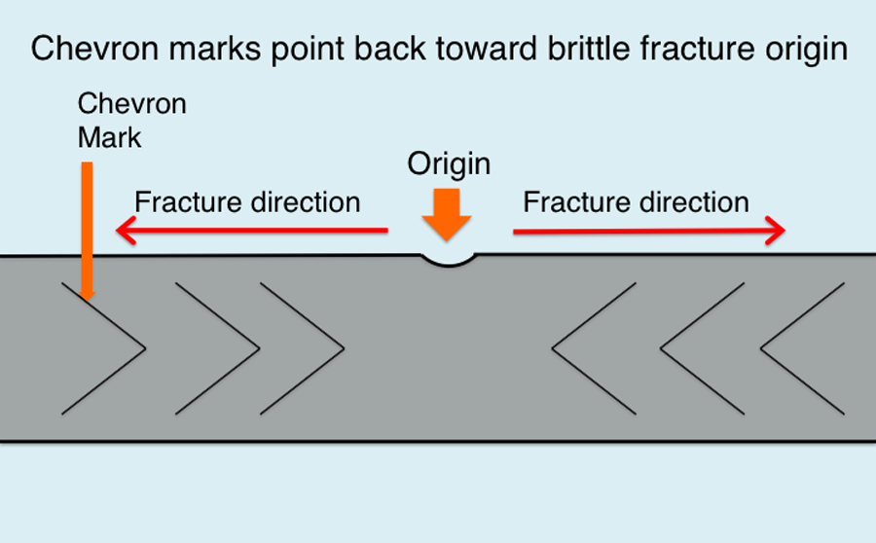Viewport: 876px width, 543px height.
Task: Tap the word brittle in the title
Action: coord(589,48)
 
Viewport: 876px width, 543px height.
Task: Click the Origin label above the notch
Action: coord(449,165)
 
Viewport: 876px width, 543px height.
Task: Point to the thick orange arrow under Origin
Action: coord(447,215)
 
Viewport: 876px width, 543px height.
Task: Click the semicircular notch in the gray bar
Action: coord(448,261)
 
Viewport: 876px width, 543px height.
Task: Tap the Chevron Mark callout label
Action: coord(131,120)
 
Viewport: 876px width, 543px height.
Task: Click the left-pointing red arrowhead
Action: coord(127,231)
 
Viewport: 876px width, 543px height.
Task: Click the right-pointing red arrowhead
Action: coord(776,231)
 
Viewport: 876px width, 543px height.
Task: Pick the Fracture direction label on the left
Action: coord(247,201)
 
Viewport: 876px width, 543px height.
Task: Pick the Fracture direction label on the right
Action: coord(636,201)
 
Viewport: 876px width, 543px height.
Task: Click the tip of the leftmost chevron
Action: coord(145,348)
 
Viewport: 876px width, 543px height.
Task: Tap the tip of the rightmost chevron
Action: coord(761,348)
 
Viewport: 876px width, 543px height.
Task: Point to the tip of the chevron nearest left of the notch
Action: coord(344,348)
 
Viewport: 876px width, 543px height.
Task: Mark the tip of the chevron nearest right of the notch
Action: coord(553,348)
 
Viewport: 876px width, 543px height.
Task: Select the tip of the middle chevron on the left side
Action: coord(259,348)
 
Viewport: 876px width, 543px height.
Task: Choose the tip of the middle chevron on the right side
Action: coord(661,348)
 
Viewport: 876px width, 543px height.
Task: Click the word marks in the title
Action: coord(215,48)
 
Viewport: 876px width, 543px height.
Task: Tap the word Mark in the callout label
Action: coord(109,137)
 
